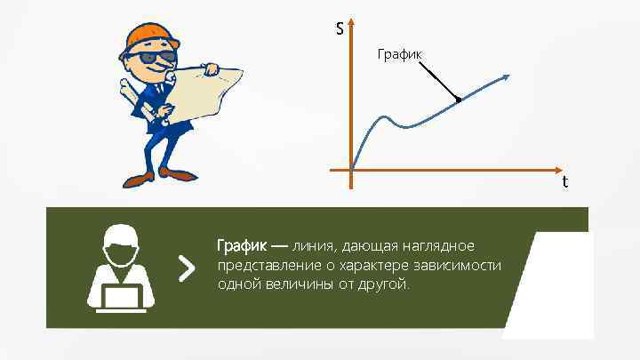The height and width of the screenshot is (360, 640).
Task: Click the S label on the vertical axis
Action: tap(340, 29)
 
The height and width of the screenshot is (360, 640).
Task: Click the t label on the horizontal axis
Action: tap(565, 182)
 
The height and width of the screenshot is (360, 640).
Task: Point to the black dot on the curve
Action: tap(458, 99)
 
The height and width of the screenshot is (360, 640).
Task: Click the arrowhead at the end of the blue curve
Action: tap(508, 77)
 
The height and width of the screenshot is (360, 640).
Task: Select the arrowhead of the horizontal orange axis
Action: tap(558, 169)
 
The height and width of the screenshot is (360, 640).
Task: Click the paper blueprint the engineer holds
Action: tap(210, 88)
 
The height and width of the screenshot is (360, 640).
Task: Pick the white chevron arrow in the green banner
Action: tap(186, 267)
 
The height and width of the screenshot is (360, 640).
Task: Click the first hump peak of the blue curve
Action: tap(384, 116)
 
